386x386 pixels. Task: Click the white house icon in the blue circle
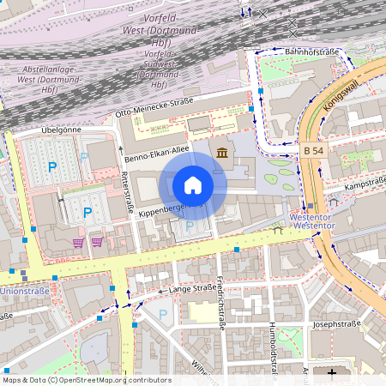tap(193, 185)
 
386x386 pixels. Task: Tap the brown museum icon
tap(223, 153)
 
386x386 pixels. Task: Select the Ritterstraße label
tap(129, 191)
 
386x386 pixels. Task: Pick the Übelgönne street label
tap(60, 130)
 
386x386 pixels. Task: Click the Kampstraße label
tap(363, 184)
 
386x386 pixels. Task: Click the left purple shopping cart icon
tap(79, 242)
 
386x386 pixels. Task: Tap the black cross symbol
tap(334, 373)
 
